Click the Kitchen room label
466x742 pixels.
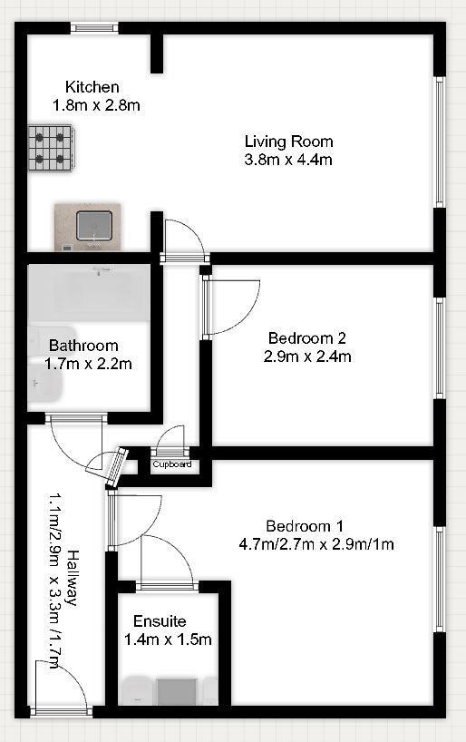pos(92,87)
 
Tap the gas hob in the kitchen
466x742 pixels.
pos(51,146)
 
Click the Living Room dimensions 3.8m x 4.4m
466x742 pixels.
pos(288,160)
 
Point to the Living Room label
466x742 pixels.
pos(288,142)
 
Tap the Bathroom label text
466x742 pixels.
pos(83,346)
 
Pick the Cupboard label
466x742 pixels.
pos(171,464)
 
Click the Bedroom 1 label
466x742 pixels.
pos(305,526)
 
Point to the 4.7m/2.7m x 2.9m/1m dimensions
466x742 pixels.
pos(316,544)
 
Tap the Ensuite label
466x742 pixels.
pos(160,621)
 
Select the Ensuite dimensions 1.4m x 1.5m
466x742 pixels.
pos(167,639)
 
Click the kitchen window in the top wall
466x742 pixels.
pos(95,27)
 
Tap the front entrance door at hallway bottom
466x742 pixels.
pos(60,689)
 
